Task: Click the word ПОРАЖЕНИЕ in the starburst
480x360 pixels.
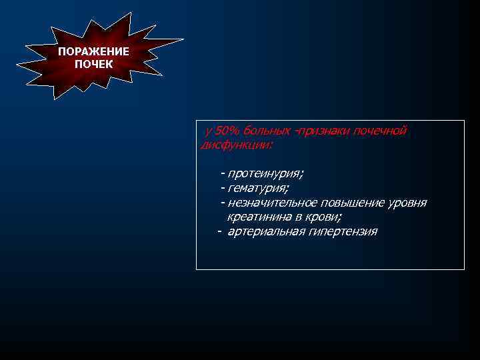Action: [x=93, y=52]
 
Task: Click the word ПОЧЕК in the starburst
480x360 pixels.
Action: [x=93, y=64]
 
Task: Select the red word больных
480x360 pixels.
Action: [x=269, y=130]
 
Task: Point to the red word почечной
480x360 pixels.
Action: [x=380, y=130]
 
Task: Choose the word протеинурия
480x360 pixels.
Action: [x=265, y=173]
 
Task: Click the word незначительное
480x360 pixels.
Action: [x=272, y=203]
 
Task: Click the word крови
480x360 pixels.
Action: [x=323, y=217]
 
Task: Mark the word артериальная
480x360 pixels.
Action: [x=265, y=231]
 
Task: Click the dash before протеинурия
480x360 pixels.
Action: [x=222, y=173]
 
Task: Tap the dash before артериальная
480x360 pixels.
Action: [x=219, y=231]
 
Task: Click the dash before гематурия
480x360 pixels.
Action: [x=222, y=188]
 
